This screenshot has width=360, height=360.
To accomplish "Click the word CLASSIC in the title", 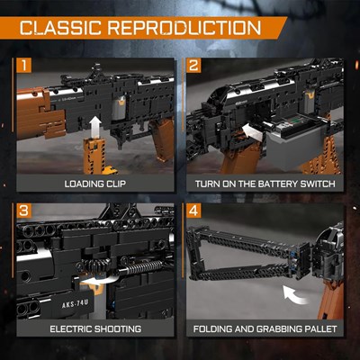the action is pos(60,28).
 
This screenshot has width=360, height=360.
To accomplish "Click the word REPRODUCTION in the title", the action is pos(184,28).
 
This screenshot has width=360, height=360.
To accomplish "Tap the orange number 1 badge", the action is pos(23,66).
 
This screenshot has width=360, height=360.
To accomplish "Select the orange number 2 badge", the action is pos(193,66).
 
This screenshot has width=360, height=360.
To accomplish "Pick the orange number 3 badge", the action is pos(23,211).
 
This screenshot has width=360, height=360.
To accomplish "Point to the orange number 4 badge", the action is pos(193,211).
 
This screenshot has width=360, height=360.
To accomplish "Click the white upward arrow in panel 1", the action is pos(95,127).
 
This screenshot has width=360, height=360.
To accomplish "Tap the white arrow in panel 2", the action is pos(252,133).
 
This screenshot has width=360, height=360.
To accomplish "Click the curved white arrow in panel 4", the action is pos(296,295).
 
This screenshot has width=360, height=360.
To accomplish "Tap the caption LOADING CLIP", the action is pos(95,184).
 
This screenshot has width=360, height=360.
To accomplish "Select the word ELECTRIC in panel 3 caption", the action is pos(70,328).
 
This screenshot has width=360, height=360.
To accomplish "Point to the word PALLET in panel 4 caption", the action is pos(320,328).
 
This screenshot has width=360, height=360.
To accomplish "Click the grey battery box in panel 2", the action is pos(295,147).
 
